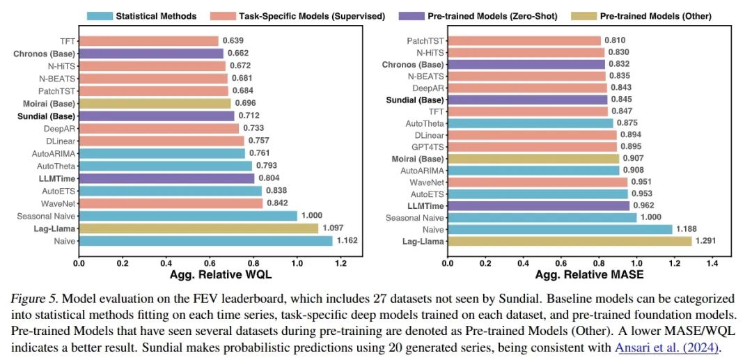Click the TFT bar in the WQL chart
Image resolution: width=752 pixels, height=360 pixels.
148,41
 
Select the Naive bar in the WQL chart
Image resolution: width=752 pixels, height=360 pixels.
205,241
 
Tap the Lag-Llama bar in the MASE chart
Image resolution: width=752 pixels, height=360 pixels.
569,241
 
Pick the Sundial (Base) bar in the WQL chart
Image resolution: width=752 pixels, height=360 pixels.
156,116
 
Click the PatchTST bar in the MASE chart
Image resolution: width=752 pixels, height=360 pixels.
524,41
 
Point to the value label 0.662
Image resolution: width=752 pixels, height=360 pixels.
237,54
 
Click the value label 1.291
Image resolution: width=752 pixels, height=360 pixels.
707,241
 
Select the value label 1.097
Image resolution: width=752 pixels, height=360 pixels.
333,228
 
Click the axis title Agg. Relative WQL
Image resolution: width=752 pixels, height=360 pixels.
211,275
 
